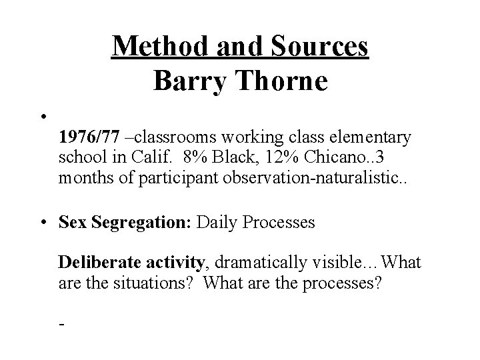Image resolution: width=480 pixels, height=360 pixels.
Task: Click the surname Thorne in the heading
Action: click(282, 81)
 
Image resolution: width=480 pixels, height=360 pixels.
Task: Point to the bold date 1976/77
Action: click(89, 137)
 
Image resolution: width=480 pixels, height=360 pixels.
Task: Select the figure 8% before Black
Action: click(200, 158)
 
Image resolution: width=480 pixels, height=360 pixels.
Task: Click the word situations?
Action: click(151, 283)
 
